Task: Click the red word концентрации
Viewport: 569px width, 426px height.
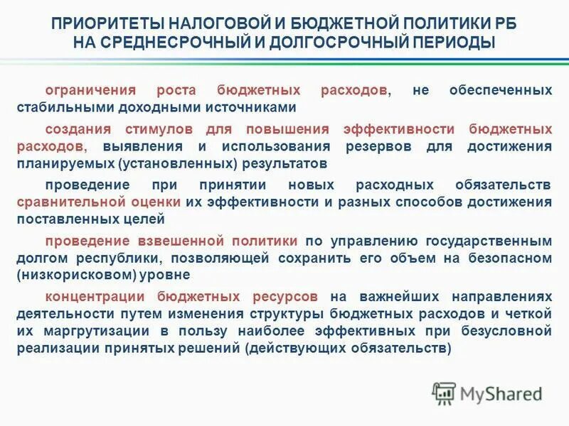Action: point(90,296)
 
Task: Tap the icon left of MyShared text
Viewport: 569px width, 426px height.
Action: point(445,393)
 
